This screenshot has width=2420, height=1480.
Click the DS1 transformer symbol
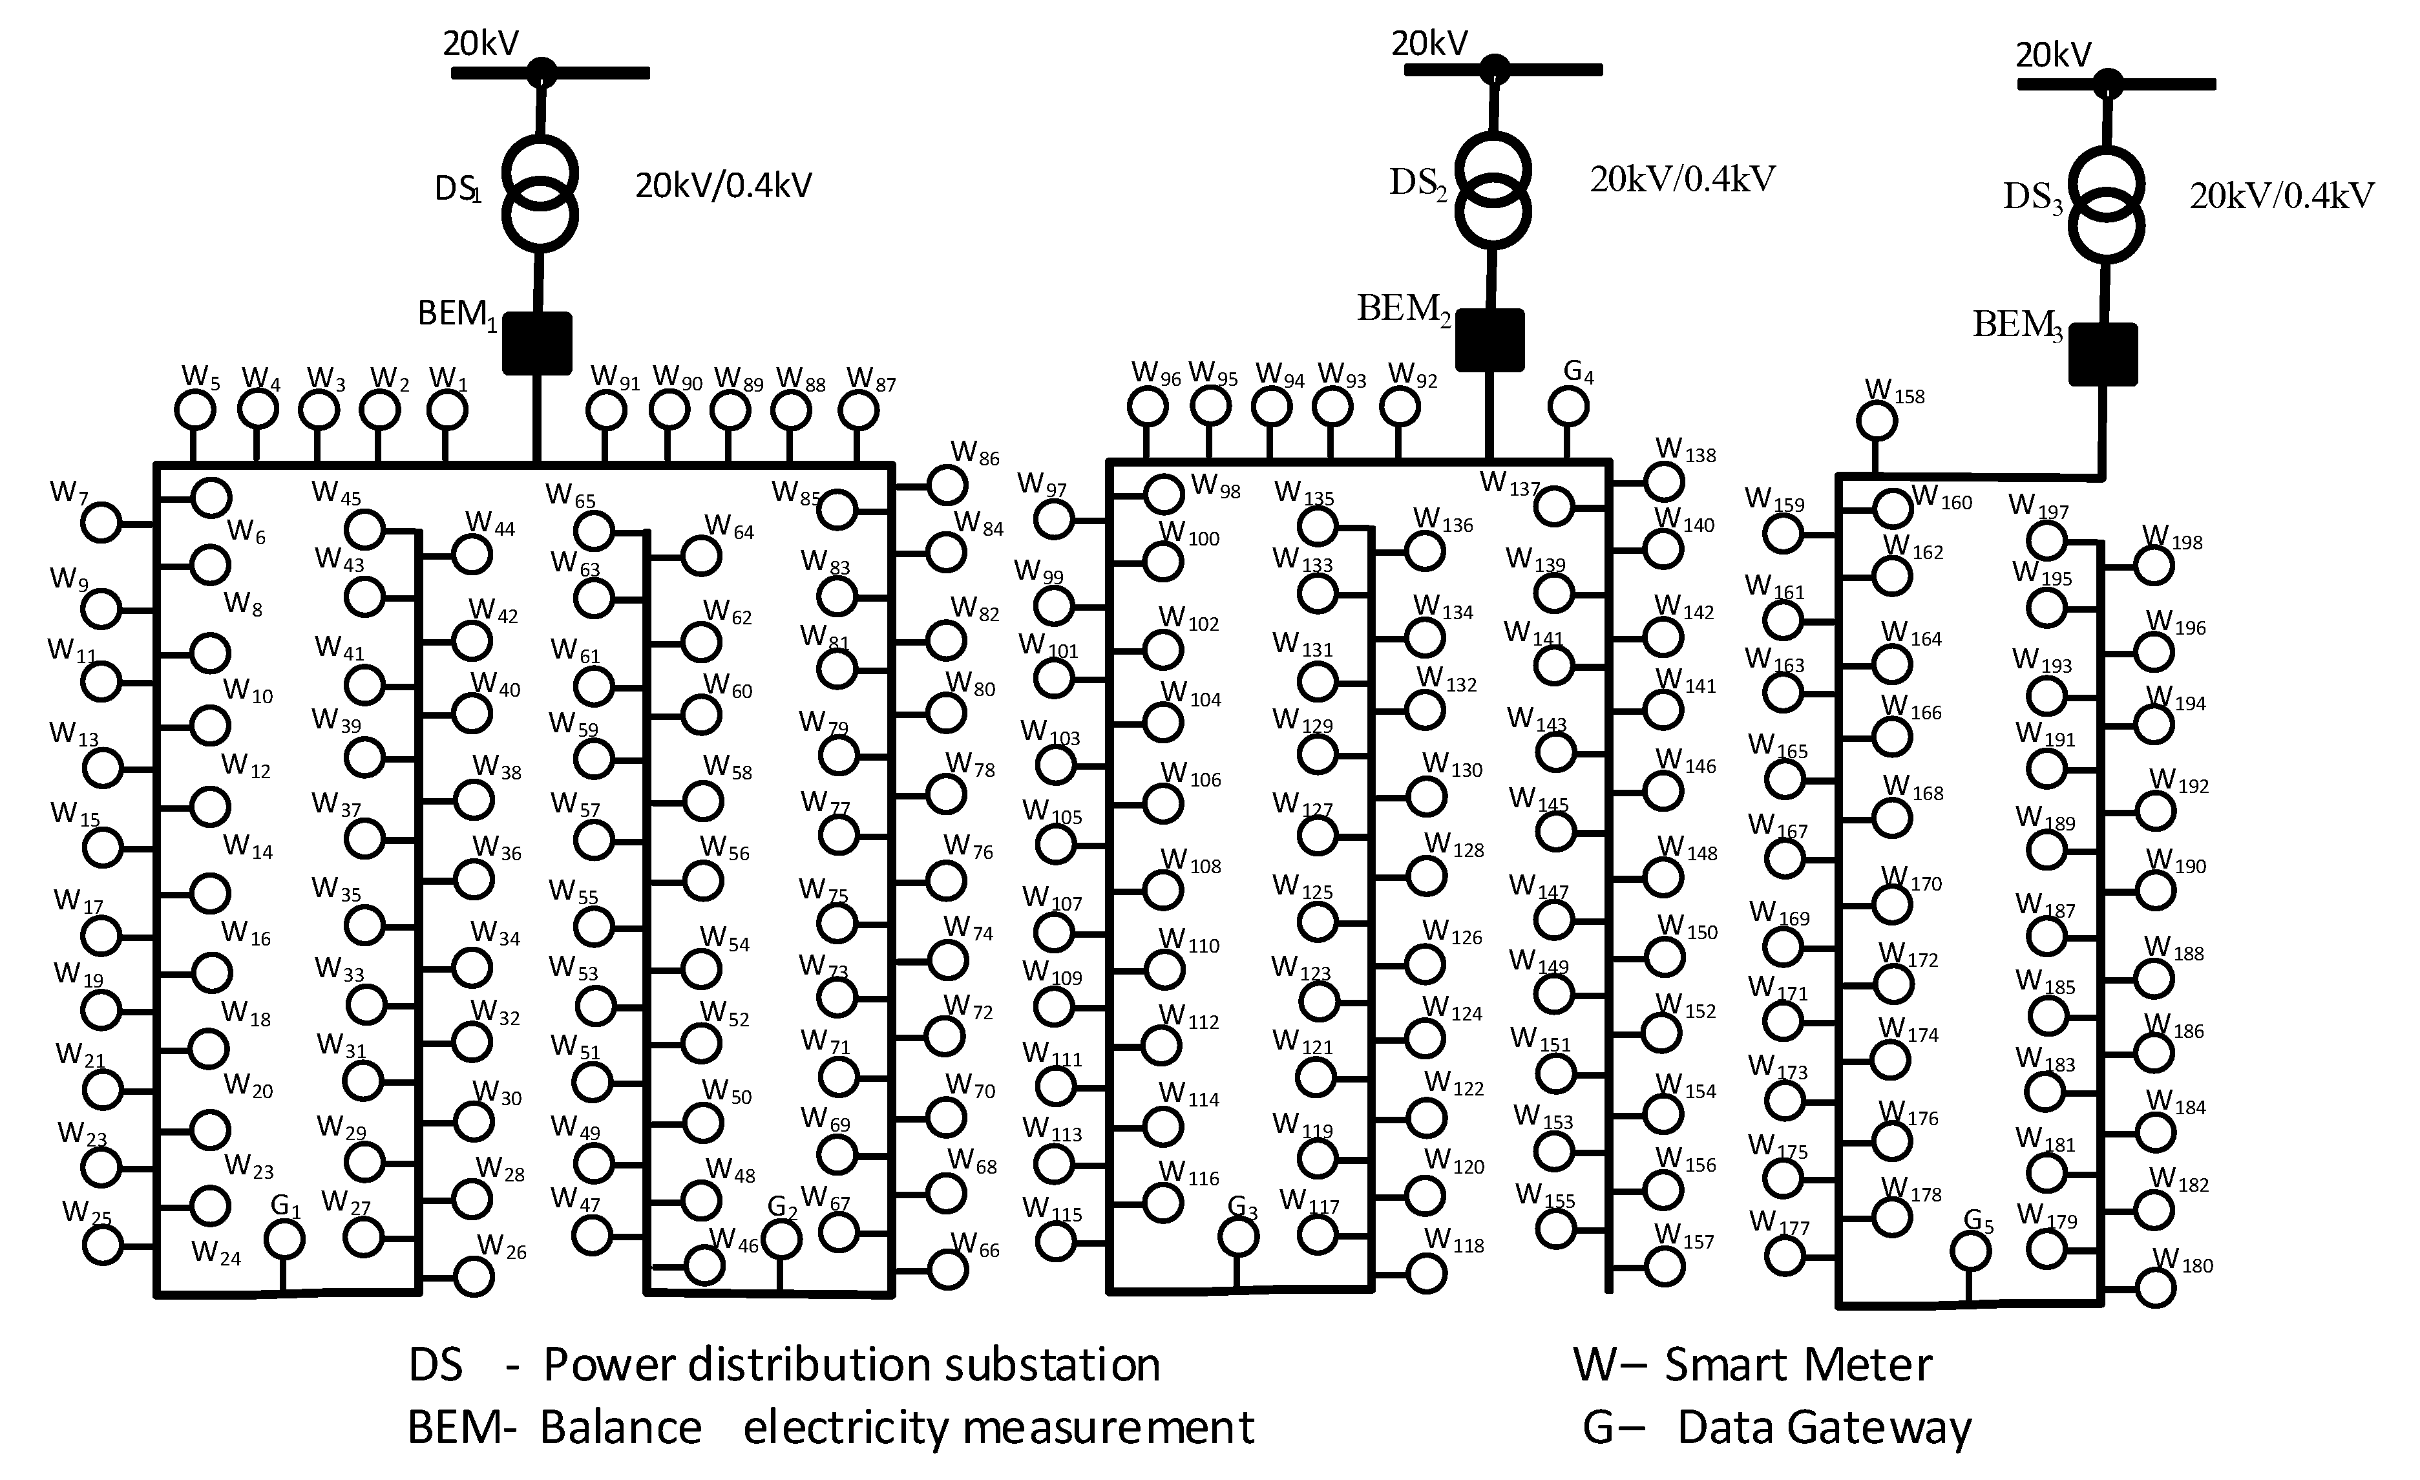tap(539, 193)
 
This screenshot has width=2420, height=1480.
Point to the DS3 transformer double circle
tap(2106, 204)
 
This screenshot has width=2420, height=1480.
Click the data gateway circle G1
tap(286, 1240)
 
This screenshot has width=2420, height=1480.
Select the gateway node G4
tap(1568, 406)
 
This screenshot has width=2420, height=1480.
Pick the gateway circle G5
tap(1970, 1251)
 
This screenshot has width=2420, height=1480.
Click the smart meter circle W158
tap(1877, 422)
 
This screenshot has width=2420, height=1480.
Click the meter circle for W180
tap(2156, 1287)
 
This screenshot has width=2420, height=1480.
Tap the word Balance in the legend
tap(621, 1428)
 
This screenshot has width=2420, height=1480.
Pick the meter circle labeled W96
tap(1147, 406)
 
